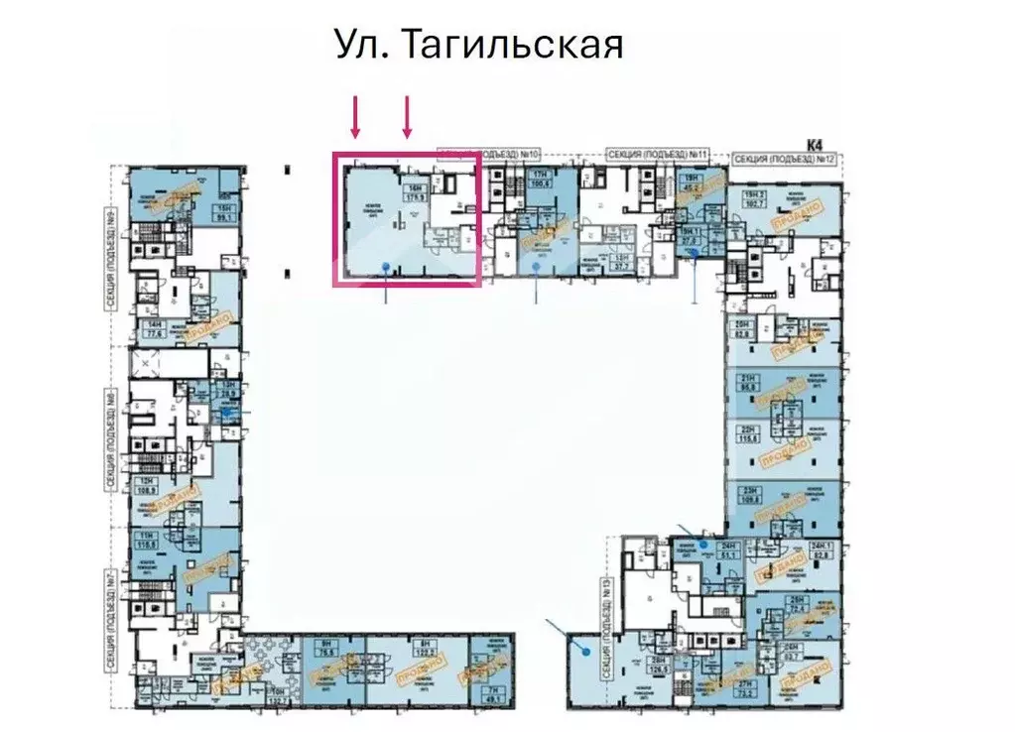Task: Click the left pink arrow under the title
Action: pos(355,117)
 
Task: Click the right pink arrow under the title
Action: pos(407,117)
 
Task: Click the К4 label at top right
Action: pos(816,145)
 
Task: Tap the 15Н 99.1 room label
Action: pos(225,211)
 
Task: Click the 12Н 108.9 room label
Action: pos(149,486)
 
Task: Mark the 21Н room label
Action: pos(748,383)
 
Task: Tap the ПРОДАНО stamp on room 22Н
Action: pos(789,451)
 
